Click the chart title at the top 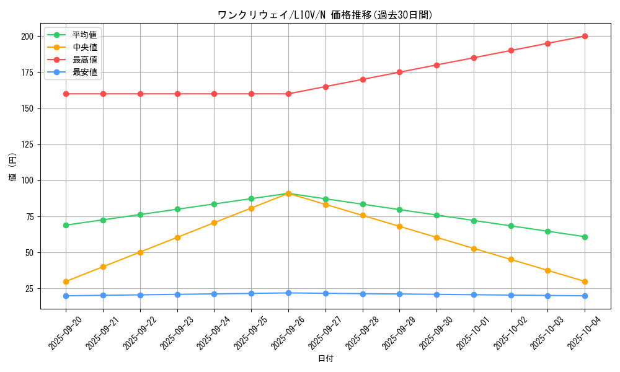[x=325, y=15]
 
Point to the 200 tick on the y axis [x=27, y=37]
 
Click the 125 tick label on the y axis [x=27, y=144]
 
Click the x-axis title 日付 [x=325, y=359]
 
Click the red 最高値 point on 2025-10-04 [x=585, y=36]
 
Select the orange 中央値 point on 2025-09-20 [x=66, y=281]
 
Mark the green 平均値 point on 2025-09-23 [x=177, y=209]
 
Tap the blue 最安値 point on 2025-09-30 [x=436, y=294]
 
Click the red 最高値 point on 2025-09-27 [x=325, y=87]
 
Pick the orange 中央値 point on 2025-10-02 [x=511, y=259]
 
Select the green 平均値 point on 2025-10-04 [x=585, y=237]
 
